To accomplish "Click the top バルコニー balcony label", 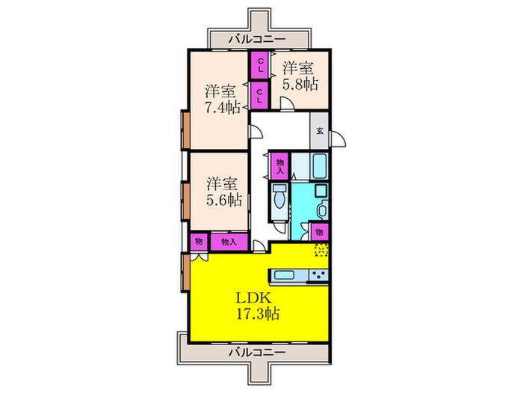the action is point(257,39).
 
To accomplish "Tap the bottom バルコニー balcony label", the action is point(258,353).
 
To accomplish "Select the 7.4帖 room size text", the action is point(222,108).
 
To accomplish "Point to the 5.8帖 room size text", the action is point(300,84).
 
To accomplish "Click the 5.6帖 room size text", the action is point(224,200).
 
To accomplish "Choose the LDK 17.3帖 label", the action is point(258,305).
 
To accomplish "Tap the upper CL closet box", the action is point(261,65).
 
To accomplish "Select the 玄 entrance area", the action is point(319,131).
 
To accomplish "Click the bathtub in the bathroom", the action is point(319,166).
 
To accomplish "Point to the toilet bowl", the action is point(279,200).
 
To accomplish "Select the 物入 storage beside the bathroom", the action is point(280,165).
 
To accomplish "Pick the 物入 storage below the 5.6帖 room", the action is point(229,242).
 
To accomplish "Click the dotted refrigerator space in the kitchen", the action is point(321,249).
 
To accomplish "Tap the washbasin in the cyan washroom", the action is point(322,210).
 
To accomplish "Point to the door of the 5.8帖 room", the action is point(288,104).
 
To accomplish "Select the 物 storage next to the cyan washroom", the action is point(320,232).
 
